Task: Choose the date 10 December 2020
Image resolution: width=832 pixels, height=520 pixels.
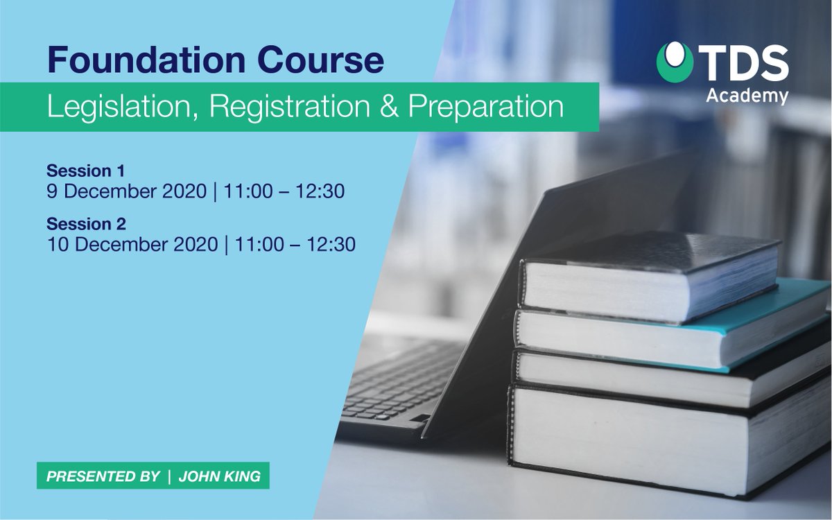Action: point(132,244)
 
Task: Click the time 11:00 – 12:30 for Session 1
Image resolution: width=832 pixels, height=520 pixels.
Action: point(290,191)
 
